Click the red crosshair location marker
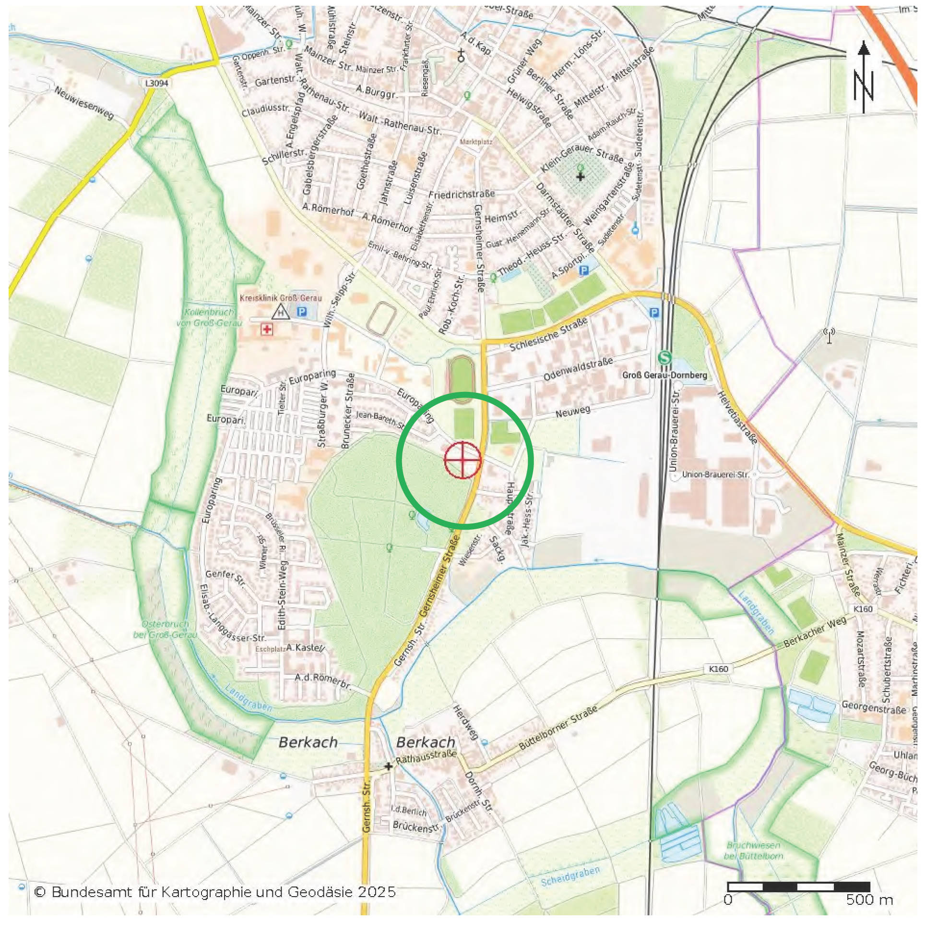coord(463,460)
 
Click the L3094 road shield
coord(157,83)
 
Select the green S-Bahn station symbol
coord(665,358)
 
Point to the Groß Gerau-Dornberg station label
coord(664,375)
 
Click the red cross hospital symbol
coord(266,329)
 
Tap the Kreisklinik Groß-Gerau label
coord(281,298)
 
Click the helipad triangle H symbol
coord(281,313)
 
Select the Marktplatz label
coord(476,142)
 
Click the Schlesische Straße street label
coord(548,334)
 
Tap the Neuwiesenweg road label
coord(83,103)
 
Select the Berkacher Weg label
coord(815,633)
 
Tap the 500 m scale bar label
coord(869,899)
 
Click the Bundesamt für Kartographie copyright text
coord(215,891)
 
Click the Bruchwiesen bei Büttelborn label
coord(753,850)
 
